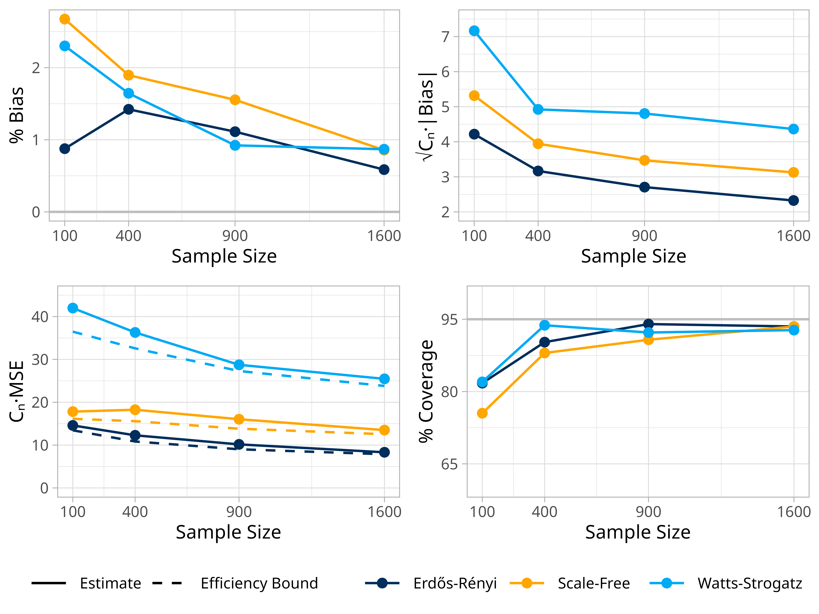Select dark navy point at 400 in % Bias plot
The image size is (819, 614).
128,109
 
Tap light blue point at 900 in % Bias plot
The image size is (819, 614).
235,145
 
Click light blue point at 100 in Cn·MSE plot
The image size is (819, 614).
73,308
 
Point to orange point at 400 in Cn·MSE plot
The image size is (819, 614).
135,410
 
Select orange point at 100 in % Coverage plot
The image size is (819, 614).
482,413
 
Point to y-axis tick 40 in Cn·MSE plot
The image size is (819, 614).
40,317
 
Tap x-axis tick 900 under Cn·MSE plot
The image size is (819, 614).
239,512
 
